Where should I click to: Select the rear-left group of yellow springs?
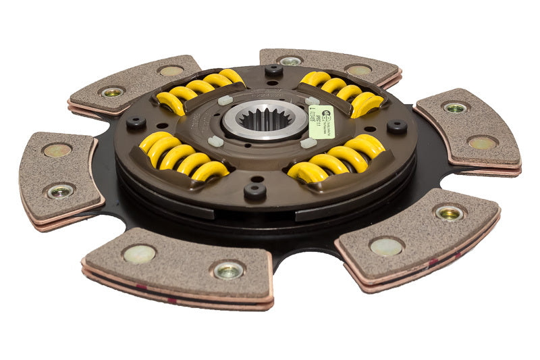[200, 90]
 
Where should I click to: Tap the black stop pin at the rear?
[273, 70]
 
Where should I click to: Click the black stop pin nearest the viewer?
[254, 190]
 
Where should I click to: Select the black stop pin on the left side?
[136, 123]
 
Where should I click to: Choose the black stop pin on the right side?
[396, 126]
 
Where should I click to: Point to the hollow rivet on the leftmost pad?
[60, 191]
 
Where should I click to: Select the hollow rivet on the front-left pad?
[228, 269]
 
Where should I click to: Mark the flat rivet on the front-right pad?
[386, 247]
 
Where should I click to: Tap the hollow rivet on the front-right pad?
[449, 213]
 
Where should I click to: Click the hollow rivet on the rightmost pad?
[456, 107]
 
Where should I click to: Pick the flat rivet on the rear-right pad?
[358, 70]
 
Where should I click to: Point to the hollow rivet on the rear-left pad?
[112, 92]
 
